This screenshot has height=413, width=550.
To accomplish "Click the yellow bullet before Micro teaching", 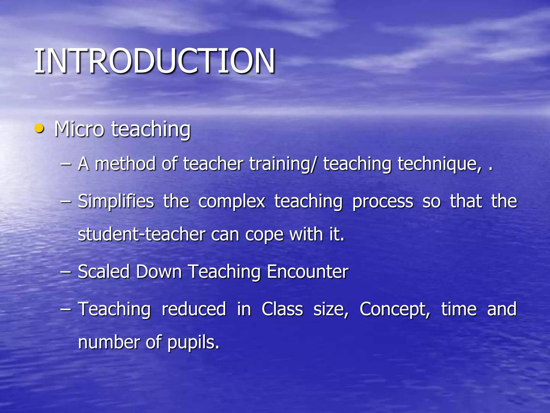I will click(x=39, y=129).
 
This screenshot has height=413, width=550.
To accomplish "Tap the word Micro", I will click(x=79, y=129).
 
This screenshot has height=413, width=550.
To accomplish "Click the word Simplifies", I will click(x=116, y=201).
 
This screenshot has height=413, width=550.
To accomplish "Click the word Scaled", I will click(x=104, y=271).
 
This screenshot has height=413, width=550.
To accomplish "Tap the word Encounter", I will click(x=307, y=271).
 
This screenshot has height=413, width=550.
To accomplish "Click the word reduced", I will click(x=194, y=309).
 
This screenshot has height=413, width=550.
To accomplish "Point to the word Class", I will click(x=282, y=309).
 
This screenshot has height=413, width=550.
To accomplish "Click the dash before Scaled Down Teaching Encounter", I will click(x=66, y=272).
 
